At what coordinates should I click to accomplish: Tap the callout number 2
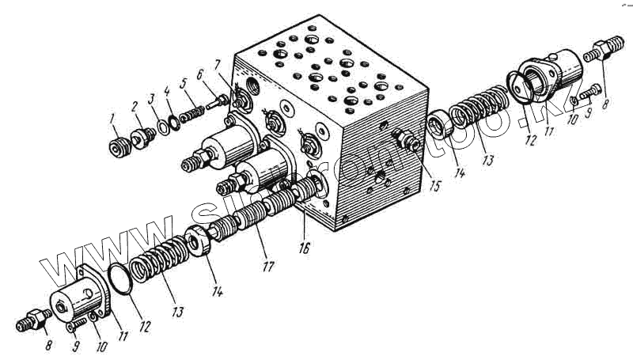(x=135, y=104)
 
